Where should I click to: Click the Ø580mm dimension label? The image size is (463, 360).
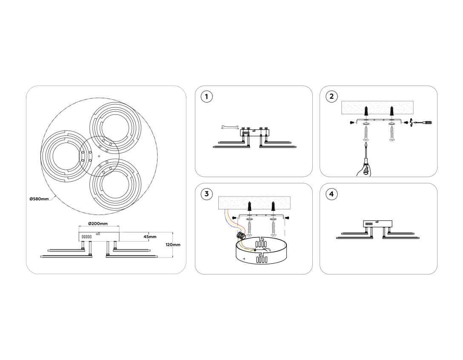point(39,199)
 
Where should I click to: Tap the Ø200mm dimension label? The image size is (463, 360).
point(98,223)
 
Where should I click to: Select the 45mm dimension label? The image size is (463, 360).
point(150,237)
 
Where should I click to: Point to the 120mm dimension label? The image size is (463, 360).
point(173,245)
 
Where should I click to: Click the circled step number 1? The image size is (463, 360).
point(206,97)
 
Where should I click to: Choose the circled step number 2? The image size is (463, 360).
point(332,97)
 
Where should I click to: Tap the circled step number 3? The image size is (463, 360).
point(206,194)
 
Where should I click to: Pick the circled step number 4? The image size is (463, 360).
point(332,194)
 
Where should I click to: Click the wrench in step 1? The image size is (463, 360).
point(230,128)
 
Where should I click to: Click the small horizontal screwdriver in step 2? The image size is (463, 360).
point(422,122)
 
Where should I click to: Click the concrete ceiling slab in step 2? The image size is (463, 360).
point(377,108)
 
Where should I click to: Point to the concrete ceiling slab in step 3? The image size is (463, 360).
point(254,203)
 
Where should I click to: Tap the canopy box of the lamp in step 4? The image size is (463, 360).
point(377,224)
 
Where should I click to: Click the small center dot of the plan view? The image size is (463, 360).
point(99,156)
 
